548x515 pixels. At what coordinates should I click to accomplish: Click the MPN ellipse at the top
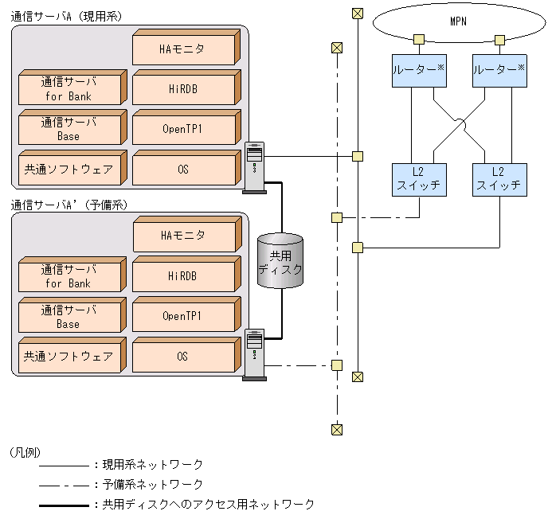tap(457, 21)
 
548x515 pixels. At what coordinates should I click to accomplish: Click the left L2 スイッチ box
tap(419, 179)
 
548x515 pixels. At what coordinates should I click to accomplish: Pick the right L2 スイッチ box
tap(499, 179)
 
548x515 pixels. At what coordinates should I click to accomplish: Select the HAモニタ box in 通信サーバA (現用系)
tap(183, 49)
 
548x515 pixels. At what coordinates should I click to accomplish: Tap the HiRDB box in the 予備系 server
tap(183, 276)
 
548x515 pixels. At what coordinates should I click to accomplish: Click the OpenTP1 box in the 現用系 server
tap(183, 129)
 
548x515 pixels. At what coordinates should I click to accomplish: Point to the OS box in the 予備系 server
tap(183, 356)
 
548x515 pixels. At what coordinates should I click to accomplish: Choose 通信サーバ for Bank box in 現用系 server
tap(69, 89)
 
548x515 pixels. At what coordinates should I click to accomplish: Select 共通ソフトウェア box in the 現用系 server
tap(69, 169)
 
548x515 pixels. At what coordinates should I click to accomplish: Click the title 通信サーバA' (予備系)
tap(69, 205)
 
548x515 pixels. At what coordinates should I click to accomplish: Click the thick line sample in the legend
tap(63, 505)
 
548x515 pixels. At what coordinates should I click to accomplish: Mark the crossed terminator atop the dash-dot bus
tap(337, 48)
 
